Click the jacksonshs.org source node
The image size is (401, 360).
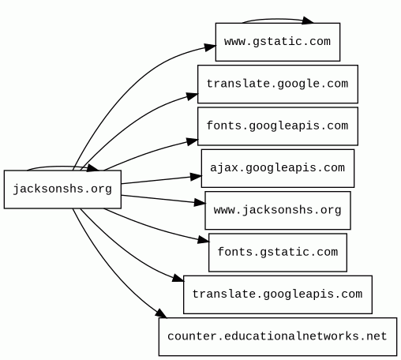tap(62, 189)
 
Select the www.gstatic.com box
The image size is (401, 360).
tap(278, 42)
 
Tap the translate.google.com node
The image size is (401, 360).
tap(278, 84)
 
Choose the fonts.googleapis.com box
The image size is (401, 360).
tap(278, 126)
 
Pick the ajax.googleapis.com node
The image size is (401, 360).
tap(278, 168)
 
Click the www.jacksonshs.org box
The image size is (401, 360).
tap(278, 211)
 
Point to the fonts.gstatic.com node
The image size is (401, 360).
tap(278, 253)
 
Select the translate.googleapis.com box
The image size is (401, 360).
tap(278, 294)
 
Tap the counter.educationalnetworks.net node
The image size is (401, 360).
tap(278, 337)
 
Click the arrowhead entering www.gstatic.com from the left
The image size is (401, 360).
tap(210, 47)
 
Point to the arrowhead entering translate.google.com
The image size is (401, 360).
tap(192, 96)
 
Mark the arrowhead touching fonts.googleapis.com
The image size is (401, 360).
tap(192, 141)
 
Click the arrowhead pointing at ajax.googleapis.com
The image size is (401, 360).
tap(196, 177)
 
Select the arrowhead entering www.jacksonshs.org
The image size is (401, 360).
tap(200, 203)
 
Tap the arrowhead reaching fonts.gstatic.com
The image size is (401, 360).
tap(203, 240)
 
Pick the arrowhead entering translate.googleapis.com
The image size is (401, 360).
tap(178, 279)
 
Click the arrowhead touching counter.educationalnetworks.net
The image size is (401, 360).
tap(161, 313)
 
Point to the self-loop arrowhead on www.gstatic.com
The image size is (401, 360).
tap(307, 21)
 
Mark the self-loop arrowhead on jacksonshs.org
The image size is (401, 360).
tap(92, 168)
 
